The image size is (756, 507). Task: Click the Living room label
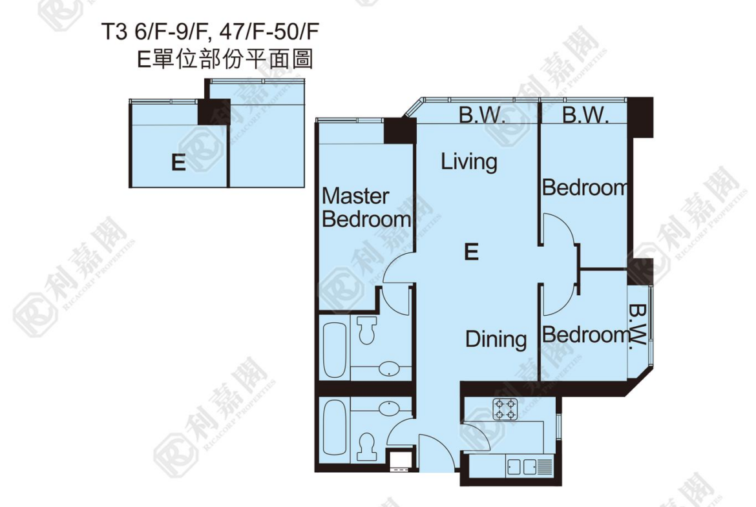pos(469,162)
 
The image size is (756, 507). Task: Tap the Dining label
pos(496,340)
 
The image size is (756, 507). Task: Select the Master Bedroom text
pos(366,208)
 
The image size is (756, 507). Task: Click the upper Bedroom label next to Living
pos(585,187)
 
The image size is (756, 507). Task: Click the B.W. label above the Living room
pos(481,115)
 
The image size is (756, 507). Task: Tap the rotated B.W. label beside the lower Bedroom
pos(637,327)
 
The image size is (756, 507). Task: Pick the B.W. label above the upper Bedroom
pos(585,115)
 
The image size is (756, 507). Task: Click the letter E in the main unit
pos(471,252)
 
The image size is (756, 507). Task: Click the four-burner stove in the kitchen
pos(505,409)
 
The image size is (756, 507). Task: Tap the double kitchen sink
pos(521,466)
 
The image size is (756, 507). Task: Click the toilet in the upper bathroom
pos(368,329)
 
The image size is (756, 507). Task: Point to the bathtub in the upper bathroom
pos(334,350)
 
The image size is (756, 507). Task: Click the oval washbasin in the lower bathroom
pos(388,408)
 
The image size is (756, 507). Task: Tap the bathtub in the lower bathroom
pos(334,428)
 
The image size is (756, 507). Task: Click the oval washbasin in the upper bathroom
pos(388,369)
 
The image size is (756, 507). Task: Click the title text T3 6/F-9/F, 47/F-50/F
pos(210,32)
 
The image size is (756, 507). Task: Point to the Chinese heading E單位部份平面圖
pos(225,59)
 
